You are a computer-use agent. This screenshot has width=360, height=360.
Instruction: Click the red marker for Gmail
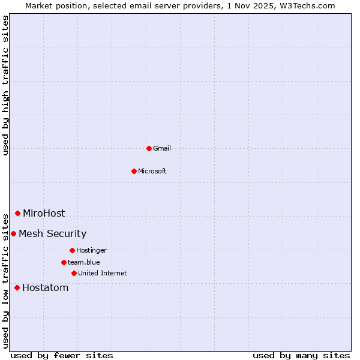(149, 148)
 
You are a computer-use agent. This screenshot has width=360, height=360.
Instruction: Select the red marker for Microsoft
(134, 171)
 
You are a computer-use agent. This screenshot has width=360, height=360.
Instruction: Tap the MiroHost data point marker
(17, 213)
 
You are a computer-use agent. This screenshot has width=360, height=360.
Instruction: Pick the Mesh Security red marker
(13, 233)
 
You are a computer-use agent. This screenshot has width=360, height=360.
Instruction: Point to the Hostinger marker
(72, 250)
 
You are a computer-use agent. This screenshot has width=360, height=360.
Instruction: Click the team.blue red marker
(64, 262)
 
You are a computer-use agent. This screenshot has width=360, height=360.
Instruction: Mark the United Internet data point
(74, 273)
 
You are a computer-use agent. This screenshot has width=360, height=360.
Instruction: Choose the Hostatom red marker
(17, 287)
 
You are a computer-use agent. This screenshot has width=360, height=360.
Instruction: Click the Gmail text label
(162, 148)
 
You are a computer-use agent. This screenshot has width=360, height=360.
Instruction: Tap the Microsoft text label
(152, 171)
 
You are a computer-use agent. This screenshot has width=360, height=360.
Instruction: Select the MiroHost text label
(44, 213)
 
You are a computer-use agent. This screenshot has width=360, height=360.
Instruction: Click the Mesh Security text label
(52, 233)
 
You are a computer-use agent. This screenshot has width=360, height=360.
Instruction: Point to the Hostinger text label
(91, 250)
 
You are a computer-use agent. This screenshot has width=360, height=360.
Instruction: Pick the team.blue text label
(84, 262)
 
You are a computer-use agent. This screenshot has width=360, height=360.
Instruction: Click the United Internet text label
(103, 273)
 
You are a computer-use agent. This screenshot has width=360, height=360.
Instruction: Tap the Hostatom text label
(45, 287)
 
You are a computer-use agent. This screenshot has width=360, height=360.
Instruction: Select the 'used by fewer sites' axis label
(62, 355)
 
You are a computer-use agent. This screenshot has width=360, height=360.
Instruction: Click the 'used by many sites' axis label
(301, 355)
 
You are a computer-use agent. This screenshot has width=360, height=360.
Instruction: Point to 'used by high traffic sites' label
(5, 85)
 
